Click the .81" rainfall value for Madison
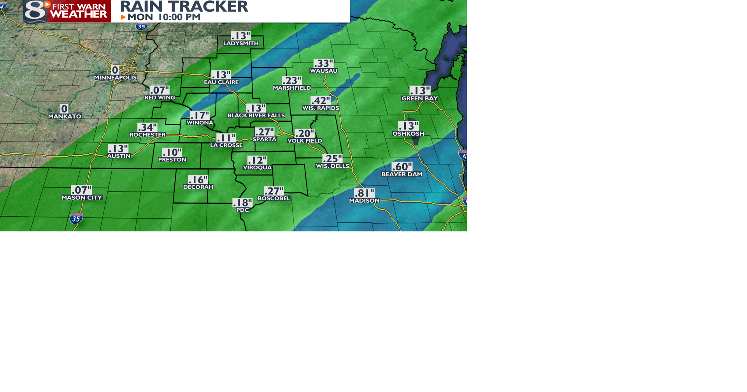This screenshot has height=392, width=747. point(364,193)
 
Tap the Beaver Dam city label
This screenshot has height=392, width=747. point(402,174)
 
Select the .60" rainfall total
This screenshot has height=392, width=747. point(402,167)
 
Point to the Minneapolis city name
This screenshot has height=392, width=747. point(116,78)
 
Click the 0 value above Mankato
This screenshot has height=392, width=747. point(64,109)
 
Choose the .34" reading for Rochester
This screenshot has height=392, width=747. point(147,127)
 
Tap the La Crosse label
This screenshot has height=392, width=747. point(226,145)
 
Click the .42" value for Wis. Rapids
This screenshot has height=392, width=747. point(320,101)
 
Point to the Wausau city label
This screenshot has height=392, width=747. point(324,71)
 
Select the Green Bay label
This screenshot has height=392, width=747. point(420,98)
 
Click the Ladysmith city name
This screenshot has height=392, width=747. point(241,43)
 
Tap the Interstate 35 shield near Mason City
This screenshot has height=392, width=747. point(76,218)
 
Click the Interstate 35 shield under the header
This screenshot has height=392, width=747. point(142,26)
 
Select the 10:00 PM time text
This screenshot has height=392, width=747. point(179,17)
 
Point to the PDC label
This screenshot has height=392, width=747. point(242,210)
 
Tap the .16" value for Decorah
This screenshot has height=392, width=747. point(198,180)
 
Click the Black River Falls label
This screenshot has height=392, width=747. point(256,115)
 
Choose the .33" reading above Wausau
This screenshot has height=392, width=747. point(323,63)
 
